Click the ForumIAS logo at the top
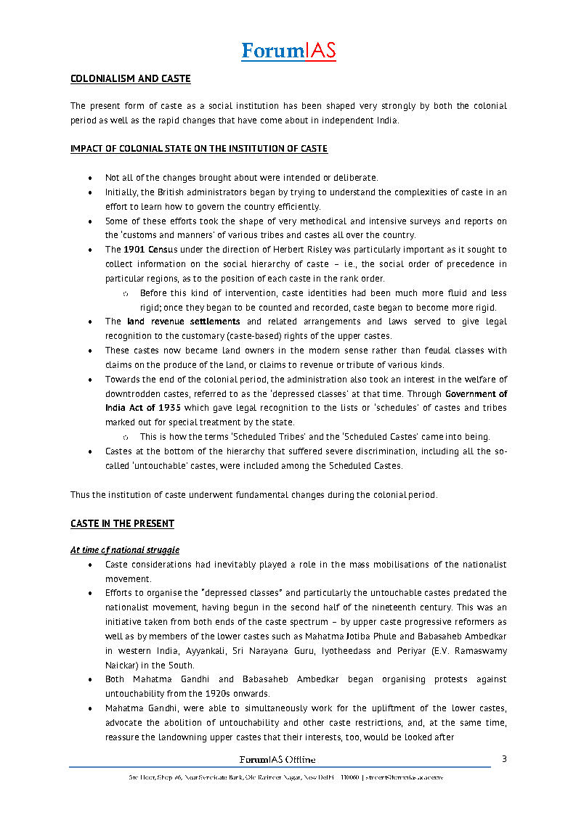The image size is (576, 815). pos(288,51)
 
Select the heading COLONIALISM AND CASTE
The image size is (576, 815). pos(130,78)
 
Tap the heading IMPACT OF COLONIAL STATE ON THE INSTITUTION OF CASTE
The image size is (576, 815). pos(198,149)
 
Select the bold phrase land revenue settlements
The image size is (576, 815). pos(183,322)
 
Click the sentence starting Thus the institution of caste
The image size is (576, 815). pos(253,495)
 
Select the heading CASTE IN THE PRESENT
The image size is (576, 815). pos(122,523)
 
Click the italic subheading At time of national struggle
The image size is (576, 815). pos(124,550)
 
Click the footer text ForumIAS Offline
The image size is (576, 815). pos(277,759)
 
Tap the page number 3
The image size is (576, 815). pos(505,759)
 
